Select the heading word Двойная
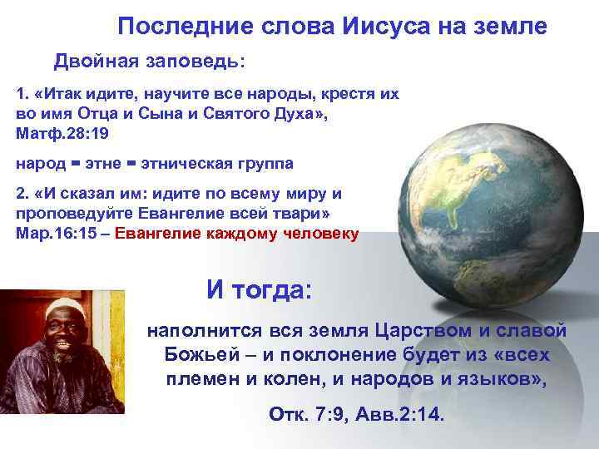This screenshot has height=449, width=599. (x=92, y=62)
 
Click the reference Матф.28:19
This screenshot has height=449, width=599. (x=62, y=133)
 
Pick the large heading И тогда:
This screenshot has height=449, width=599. (x=260, y=291)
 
